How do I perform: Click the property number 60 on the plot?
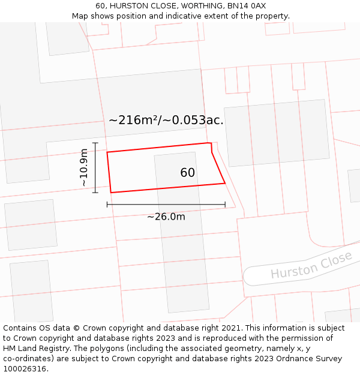[x=187, y=173]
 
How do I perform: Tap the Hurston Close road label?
[x=311, y=265]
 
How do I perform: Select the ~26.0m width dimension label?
[x=166, y=217]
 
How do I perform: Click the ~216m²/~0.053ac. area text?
[x=166, y=120]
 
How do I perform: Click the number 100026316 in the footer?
[x=25, y=369]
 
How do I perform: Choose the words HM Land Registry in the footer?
[x=33, y=349]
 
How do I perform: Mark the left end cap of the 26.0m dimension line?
[x=107, y=205]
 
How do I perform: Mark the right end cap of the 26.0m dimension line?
[x=225, y=205]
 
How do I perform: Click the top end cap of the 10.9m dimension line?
[x=95, y=143]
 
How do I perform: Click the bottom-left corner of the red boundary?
[x=111, y=193]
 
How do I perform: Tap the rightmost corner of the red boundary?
[x=225, y=183]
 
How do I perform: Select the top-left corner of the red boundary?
[x=107, y=152]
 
